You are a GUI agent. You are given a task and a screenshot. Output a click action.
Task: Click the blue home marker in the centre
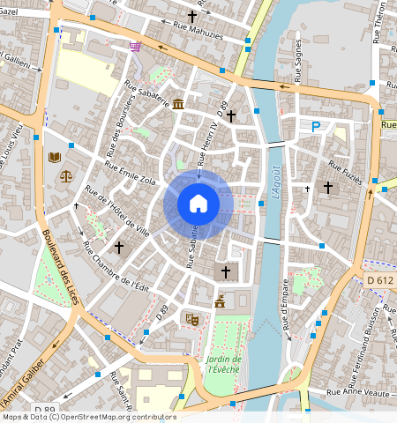(198, 204)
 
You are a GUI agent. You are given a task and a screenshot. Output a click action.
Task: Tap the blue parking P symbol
(316, 127)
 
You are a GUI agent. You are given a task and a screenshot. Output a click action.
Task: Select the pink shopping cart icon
(134, 47)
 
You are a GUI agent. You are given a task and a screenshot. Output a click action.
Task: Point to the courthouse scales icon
(66, 174)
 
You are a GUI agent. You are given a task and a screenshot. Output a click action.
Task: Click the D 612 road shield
(379, 279)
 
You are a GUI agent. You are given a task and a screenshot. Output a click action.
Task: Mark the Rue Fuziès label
(345, 171)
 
